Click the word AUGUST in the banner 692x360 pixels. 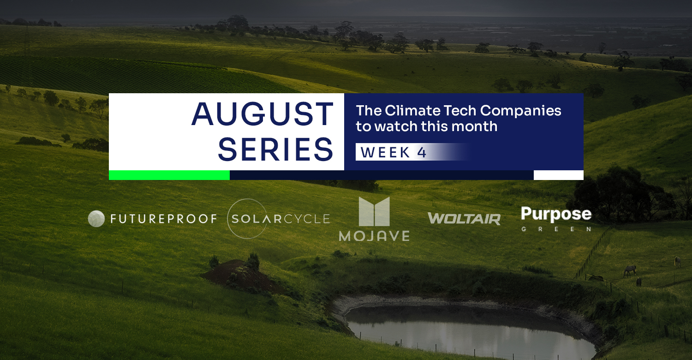[262, 114]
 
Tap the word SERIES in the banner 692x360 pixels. [275, 150]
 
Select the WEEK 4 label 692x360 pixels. [394, 152]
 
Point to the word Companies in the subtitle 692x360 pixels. [521, 111]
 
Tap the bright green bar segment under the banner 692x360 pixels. [169, 175]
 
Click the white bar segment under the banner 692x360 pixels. [559, 175]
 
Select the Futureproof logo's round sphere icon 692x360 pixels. [96, 219]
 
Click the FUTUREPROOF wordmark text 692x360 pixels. [164, 219]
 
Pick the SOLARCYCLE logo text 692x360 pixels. [280, 219]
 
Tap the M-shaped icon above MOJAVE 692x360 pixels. [374, 211]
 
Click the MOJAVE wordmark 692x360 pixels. [374, 236]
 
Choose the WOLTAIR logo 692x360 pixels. [464, 219]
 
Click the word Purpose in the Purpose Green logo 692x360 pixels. [556, 214]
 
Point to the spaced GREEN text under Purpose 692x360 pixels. [556, 229]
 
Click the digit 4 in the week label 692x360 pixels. [422, 152]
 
